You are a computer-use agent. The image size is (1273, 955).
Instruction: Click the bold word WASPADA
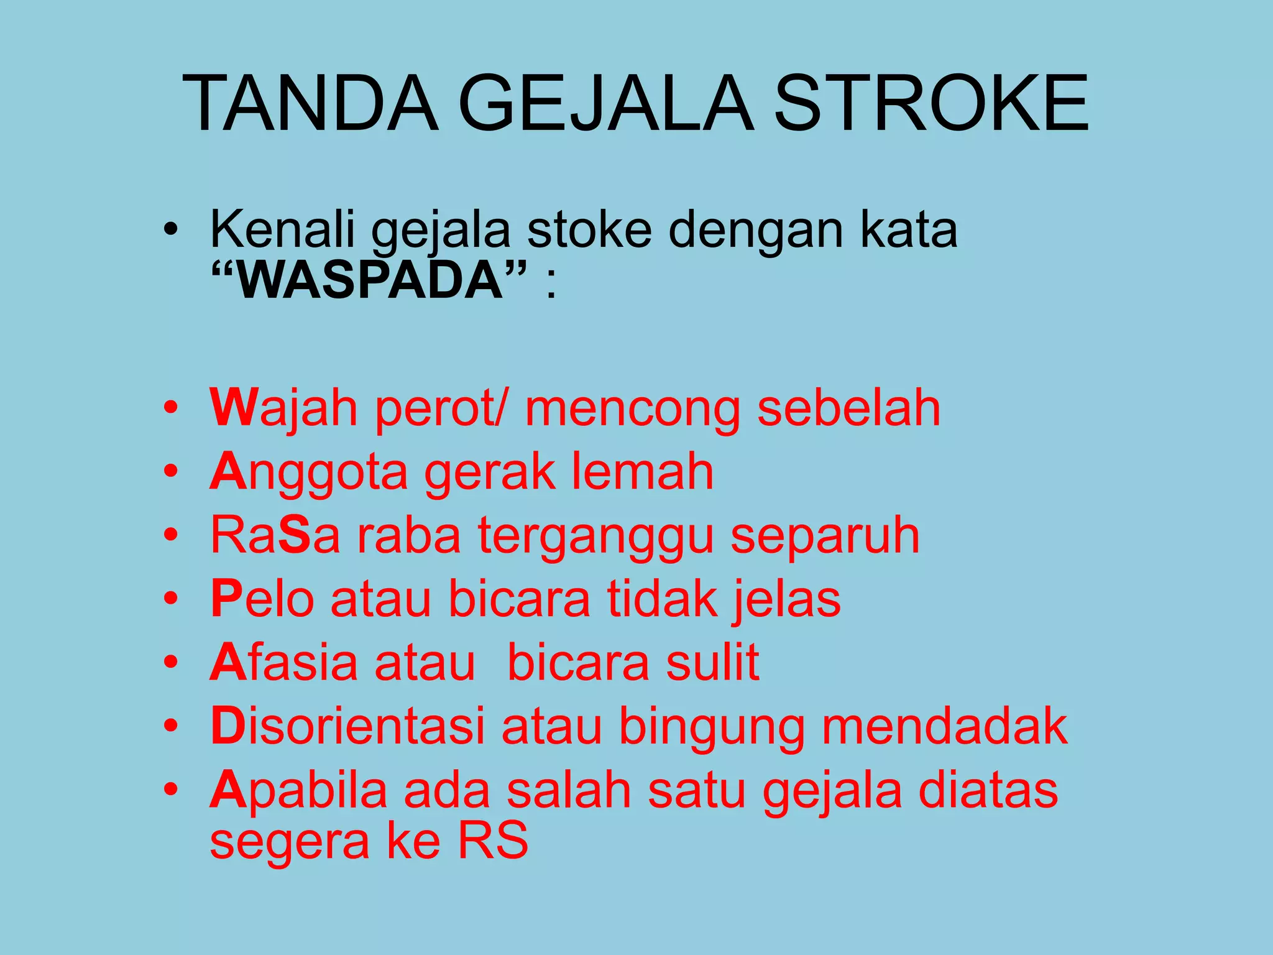(369, 281)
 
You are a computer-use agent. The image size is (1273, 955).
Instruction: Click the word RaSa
(275, 536)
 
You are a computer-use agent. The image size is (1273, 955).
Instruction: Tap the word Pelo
(262, 599)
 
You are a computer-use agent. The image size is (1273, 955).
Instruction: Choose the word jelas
(786, 599)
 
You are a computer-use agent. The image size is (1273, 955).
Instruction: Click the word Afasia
(283, 663)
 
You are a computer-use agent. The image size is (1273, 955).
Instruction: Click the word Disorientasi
(347, 726)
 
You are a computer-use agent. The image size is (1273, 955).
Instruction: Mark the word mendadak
(945, 726)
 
